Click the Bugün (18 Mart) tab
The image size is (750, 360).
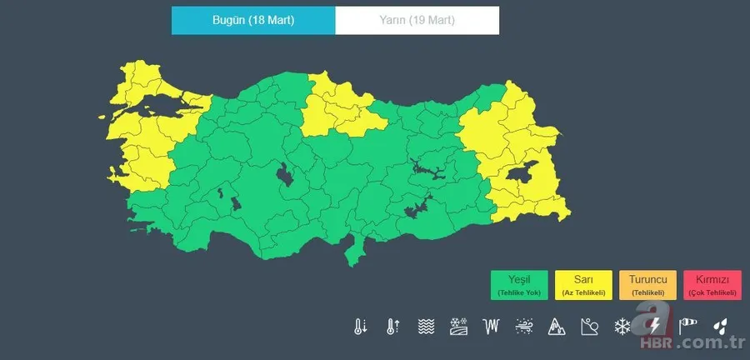tap(253, 21)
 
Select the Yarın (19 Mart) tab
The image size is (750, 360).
tap(417, 21)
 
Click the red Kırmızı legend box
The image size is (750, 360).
tap(712, 285)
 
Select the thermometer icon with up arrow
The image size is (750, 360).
tap(392, 326)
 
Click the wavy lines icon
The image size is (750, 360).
tap(425, 326)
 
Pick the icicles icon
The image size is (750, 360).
tap(491, 326)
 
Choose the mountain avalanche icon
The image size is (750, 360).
tap(556, 326)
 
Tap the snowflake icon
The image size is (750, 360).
tap(622, 326)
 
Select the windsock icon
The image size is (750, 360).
tap(687, 326)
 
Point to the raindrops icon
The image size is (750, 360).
tap(719, 326)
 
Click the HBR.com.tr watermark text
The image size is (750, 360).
tap(692, 343)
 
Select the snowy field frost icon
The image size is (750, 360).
tap(457, 326)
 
